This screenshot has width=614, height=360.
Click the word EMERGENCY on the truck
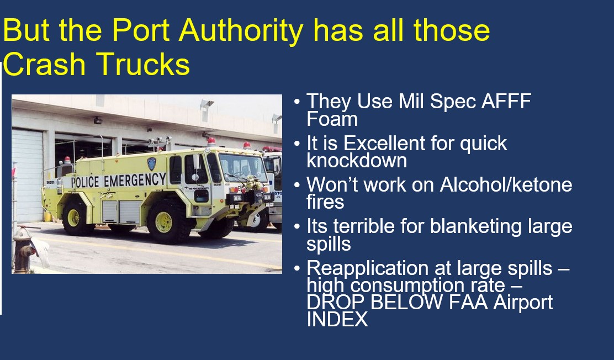coord(134,180)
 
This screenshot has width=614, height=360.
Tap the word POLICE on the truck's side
coord(86,182)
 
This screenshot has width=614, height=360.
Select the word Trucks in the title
coord(145,65)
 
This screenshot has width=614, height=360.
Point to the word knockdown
coord(357,160)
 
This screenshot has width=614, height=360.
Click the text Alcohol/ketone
coord(506,184)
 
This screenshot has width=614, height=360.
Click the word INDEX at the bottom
coord(337,319)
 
